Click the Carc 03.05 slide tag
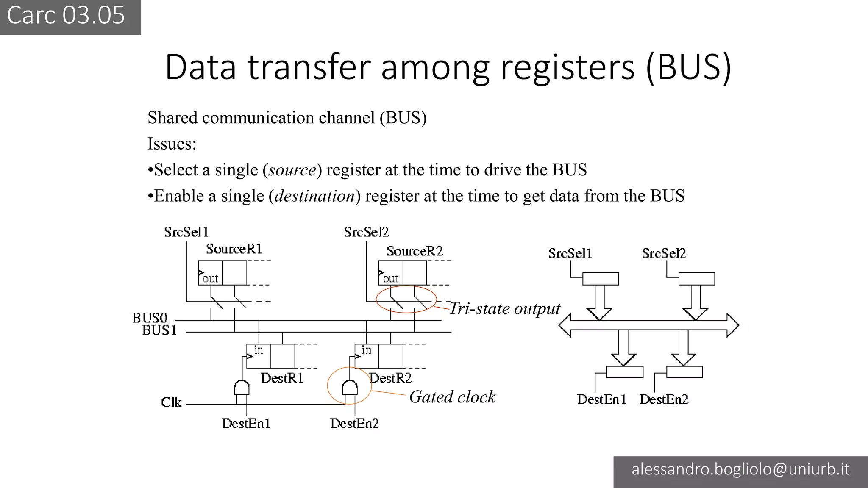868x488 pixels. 66,16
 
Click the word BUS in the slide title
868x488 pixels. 689,67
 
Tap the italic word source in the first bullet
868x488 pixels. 292,170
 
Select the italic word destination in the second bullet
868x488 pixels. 314,196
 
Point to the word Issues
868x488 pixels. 172,144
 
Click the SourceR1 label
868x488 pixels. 234,249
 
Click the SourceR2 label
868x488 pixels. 415,251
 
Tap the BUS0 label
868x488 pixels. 150,318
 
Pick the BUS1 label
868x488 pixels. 159,330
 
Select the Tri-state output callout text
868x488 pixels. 504,308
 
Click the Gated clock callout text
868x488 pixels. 452,397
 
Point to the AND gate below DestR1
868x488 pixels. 242,388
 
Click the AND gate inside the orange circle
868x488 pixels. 350,388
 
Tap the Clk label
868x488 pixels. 171,402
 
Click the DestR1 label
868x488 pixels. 282,378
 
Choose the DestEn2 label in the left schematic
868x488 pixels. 354,424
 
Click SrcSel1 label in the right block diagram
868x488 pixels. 570,253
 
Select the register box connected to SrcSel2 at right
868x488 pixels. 696,279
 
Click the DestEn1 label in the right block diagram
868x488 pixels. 601,399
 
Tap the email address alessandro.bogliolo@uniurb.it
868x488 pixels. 740,469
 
